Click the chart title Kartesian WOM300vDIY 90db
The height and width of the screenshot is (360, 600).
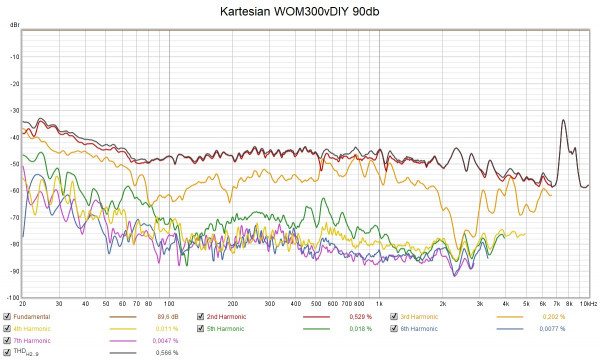coord(300,11)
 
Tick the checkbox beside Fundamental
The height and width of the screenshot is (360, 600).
coord(7,317)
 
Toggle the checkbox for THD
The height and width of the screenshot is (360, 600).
coord(7,351)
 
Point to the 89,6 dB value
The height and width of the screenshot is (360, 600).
coord(166,317)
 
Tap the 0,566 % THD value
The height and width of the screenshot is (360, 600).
coord(166,352)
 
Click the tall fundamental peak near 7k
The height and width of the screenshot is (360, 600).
coord(563,121)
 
